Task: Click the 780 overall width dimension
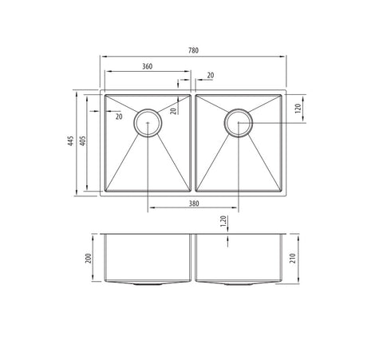[x=194, y=49]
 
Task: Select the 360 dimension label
[x=148, y=66]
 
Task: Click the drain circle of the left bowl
[x=148, y=122]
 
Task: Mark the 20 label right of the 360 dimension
[x=210, y=75]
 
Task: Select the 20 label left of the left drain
[x=119, y=117]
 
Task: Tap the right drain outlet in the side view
[x=239, y=283]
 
